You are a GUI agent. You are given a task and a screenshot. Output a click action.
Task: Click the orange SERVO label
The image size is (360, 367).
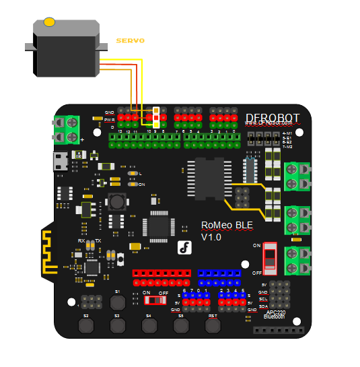click(131, 41)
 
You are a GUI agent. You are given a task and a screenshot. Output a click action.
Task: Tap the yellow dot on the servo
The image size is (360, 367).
click(49, 22)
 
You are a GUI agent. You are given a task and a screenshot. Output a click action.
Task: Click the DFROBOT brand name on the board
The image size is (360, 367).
click(273, 118)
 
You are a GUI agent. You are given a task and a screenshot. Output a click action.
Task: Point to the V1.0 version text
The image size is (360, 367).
click(211, 237)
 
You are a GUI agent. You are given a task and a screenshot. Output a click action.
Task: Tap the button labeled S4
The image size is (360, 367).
click(149, 326)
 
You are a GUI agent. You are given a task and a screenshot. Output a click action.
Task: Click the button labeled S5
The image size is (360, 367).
click(180, 326)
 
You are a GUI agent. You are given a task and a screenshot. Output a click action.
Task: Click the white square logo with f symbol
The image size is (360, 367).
click(185, 247)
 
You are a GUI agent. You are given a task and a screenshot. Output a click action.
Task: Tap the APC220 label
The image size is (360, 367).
click(277, 312)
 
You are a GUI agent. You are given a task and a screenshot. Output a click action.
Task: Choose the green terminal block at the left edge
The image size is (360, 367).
click(67, 129)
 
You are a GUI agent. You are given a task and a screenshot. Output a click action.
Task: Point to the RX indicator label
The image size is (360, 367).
click(81, 240)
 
